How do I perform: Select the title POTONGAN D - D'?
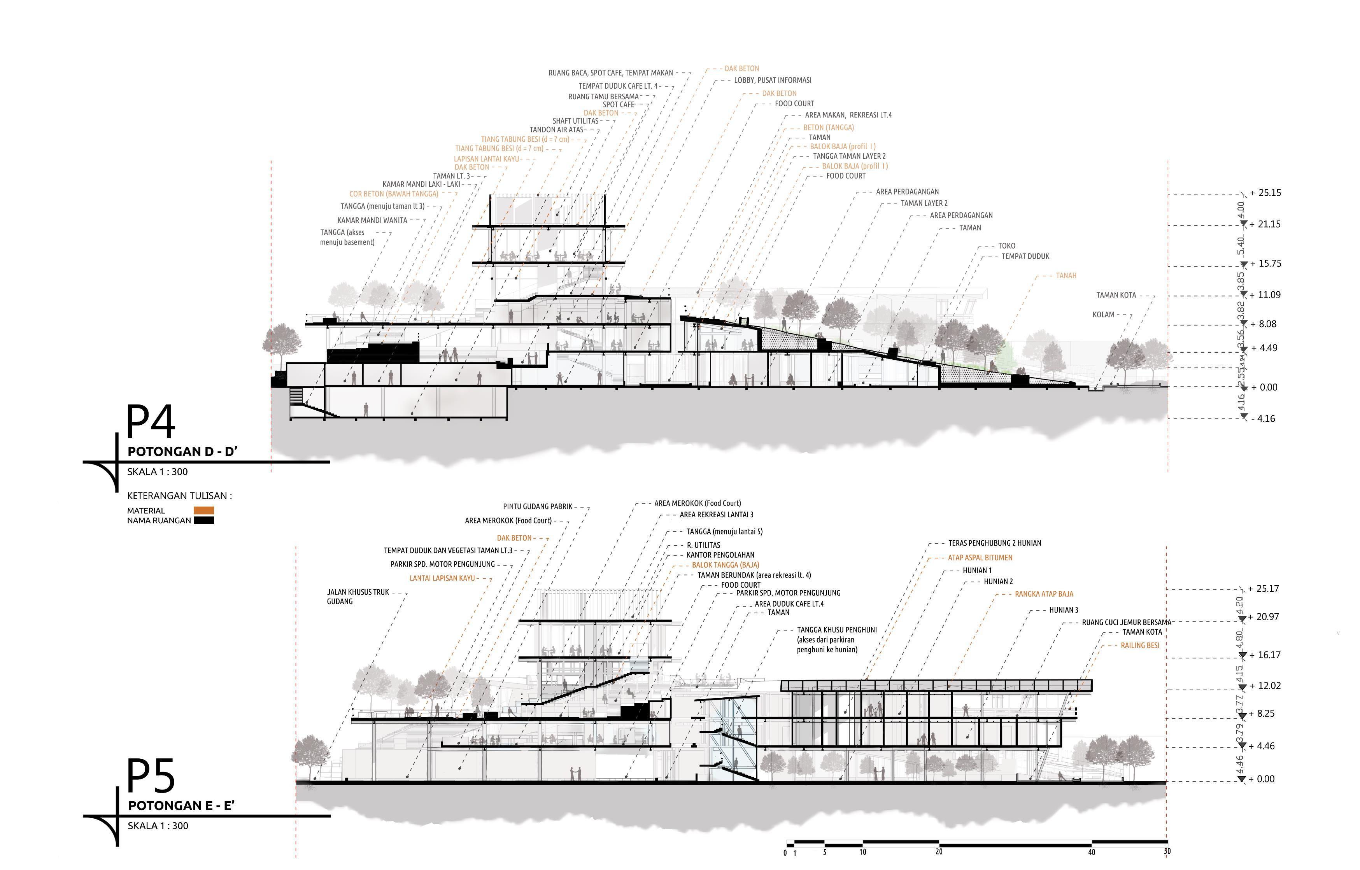pyautogui.click(x=182, y=452)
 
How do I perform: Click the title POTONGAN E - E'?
pyautogui.click(x=181, y=805)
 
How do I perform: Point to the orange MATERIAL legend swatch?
pyautogui.click(x=203, y=511)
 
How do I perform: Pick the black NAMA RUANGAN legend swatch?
pyautogui.click(x=203, y=521)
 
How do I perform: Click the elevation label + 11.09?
pyautogui.click(x=1265, y=295)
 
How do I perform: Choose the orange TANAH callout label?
pyautogui.click(x=1066, y=276)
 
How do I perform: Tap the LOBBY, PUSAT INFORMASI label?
pyautogui.click(x=772, y=80)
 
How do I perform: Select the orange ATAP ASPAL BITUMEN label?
pyautogui.click(x=980, y=558)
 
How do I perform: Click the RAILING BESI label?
pyautogui.click(x=1140, y=645)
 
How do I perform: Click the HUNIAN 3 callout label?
pyautogui.click(x=1063, y=610)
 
